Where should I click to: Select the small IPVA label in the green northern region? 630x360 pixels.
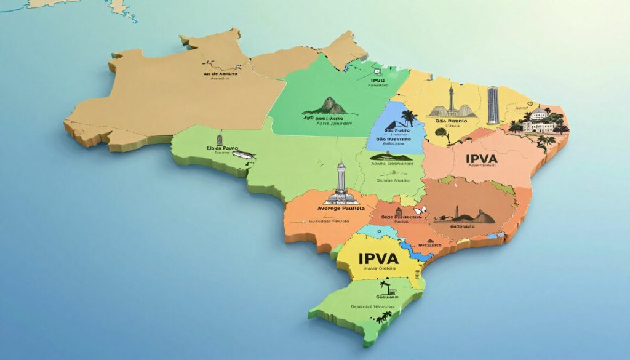point(378,81)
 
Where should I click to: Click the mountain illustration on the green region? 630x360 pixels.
point(333,105)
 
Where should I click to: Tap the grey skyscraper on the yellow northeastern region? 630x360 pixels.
point(493,105)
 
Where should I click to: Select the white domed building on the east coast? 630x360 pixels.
point(539,121)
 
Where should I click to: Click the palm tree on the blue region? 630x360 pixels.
point(408,118)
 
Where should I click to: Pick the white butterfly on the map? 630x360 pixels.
point(420,211)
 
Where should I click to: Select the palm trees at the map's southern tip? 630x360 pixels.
point(384,317)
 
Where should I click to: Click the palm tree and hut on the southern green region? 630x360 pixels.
point(386,287)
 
